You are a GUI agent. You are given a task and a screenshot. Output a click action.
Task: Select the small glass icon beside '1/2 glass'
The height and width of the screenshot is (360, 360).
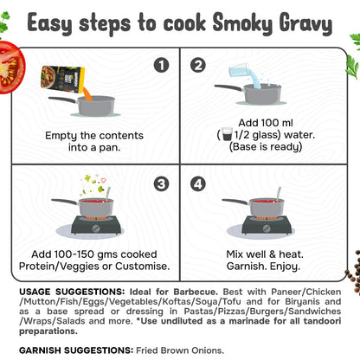coord(227,134)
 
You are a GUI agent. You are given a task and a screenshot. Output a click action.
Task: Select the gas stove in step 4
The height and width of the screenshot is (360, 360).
coord(264,227)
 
